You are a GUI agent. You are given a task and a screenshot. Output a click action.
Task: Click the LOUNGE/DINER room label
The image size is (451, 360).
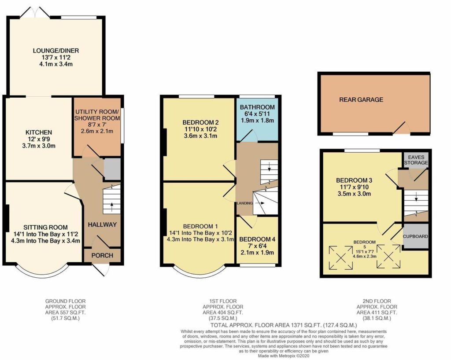(x=56, y=51)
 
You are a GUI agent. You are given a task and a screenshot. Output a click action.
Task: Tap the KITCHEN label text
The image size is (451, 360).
(x=39, y=132)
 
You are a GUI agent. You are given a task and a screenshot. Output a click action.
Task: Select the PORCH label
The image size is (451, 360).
(x=102, y=255)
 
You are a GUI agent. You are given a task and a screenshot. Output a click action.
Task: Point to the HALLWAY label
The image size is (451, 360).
(x=102, y=225)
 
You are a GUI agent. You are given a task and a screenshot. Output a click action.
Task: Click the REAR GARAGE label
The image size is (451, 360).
(x=361, y=100)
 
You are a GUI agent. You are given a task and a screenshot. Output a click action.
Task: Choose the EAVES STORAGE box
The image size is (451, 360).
(x=416, y=160)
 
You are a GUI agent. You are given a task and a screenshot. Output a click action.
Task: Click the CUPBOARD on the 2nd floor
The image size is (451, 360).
(x=415, y=236)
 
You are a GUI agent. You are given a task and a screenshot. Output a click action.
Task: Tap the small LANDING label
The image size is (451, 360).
(x=245, y=203)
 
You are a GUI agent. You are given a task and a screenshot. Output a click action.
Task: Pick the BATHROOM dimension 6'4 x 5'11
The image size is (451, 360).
(x=257, y=114)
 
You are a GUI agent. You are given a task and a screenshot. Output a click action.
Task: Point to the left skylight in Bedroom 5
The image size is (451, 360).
(x=340, y=257)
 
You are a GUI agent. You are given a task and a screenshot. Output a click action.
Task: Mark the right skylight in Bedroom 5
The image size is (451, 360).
(x=388, y=256)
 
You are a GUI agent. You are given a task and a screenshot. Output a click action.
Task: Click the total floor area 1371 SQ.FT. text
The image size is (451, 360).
(x=284, y=326)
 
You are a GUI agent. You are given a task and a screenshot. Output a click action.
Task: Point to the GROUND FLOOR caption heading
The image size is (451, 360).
(x=66, y=301)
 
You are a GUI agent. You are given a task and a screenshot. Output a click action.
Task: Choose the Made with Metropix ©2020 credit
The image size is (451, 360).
(x=283, y=356)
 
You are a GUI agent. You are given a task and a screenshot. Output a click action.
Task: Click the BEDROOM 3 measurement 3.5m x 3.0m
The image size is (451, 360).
(x=355, y=194)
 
